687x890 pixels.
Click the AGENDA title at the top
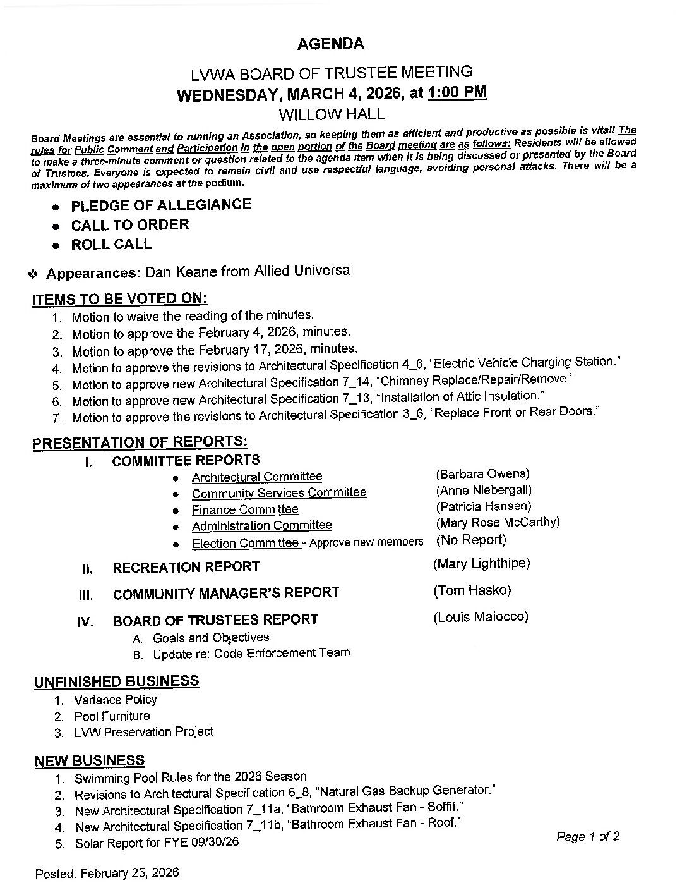coord(330,44)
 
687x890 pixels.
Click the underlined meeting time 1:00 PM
coord(457,92)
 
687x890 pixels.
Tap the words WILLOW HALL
coord(332,114)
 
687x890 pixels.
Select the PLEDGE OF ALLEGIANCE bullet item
coord(160,205)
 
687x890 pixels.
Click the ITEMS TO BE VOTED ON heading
coord(119,299)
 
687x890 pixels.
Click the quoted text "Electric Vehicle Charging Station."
coord(525,363)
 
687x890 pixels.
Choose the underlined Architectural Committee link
coord(257,477)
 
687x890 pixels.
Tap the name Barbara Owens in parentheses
coord(482,473)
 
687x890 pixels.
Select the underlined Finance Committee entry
coord(245,509)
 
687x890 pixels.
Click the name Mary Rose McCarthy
coord(498,522)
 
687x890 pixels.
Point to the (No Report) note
coord(471,540)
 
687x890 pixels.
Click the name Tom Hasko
coord(472,590)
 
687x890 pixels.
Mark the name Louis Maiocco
coord(481,616)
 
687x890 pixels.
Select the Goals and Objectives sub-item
coord(211,638)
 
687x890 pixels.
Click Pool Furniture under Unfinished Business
coord(112,716)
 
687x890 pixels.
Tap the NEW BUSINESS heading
coord(90,760)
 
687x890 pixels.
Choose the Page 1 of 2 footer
coord(588,837)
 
